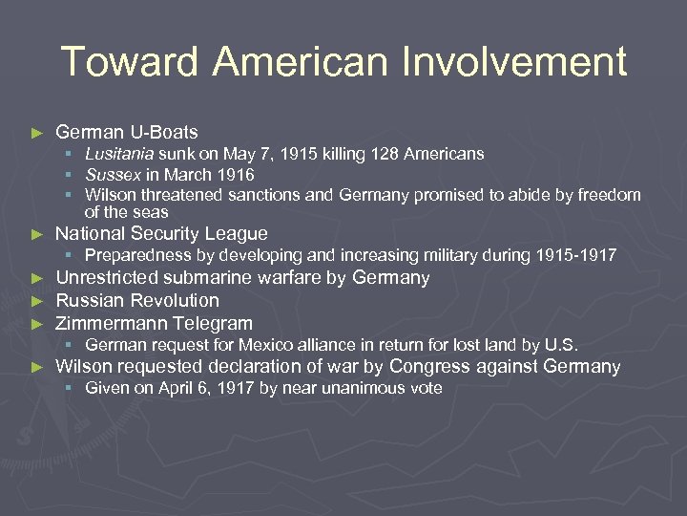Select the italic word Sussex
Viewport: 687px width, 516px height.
[x=112, y=175]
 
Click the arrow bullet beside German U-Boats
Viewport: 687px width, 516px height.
[x=37, y=133]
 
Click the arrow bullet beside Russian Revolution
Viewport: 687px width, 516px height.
[x=37, y=301]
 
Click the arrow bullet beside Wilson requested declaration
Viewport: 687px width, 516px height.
[x=37, y=368]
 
